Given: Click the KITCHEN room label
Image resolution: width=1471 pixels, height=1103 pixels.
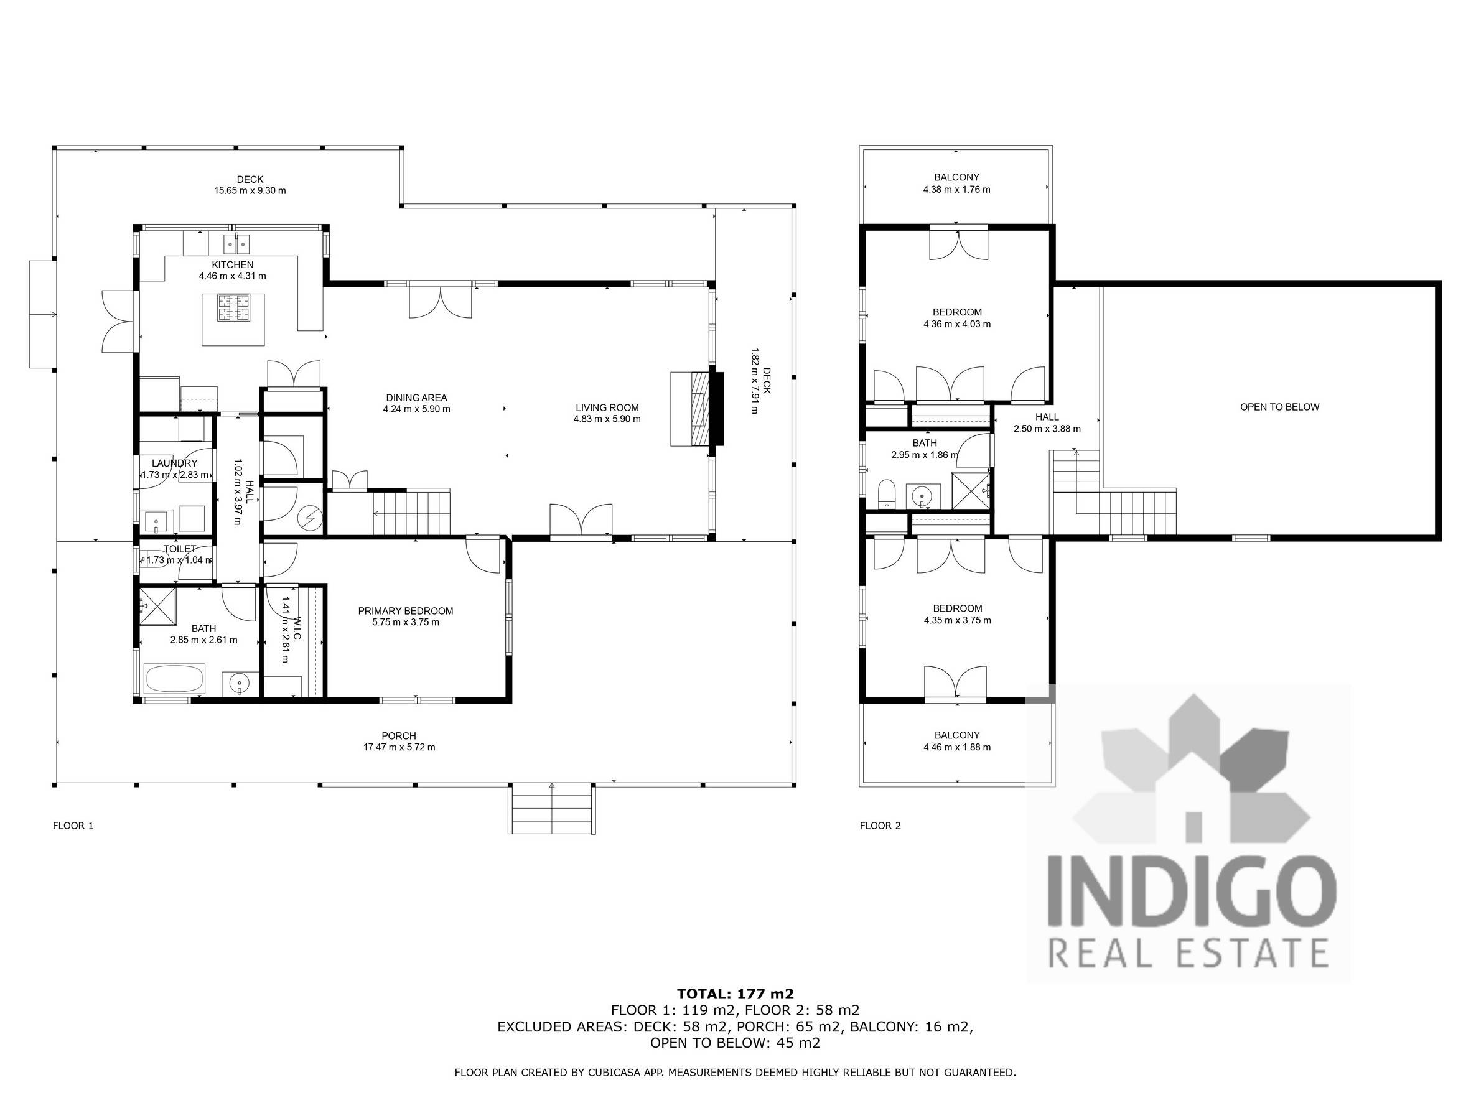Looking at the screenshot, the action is pyautogui.click(x=233, y=264).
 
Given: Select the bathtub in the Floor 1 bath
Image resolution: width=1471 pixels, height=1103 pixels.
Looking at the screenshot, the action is pyautogui.click(x=174, y=679).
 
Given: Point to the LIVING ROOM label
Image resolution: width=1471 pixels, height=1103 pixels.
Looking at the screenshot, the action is pyautogui.click(x=607, y=408).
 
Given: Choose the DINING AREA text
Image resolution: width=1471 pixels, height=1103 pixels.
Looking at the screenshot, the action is pyautogui.click(x=416, y=398).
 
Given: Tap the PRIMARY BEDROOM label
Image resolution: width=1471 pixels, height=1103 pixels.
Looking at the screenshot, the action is pyautogui.click(x=406, y=611).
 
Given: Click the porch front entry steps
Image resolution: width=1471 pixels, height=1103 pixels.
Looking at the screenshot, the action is pyautogui.click(x=552, y=809).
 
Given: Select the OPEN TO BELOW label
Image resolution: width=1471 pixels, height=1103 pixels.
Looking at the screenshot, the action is pyautogui.click(x=1279, y=407).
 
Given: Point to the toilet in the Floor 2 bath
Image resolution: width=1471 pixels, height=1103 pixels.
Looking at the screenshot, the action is pyautogui.click(x=887, y=493).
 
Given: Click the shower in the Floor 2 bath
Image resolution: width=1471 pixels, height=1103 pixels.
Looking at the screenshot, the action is pyautogui.click(x=972, y=490).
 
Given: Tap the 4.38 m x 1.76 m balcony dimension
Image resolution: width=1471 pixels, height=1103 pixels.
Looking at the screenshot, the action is pyautogui.click(x=956, y=190).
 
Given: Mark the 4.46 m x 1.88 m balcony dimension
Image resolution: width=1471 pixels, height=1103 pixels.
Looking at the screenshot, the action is pyautogui.click(x=957, y=747).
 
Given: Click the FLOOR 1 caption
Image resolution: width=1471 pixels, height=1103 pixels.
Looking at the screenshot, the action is pyautogui.click(x=73, y=826).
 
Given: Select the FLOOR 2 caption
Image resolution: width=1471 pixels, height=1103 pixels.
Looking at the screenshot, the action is pyautogui.click(x=880, y=826).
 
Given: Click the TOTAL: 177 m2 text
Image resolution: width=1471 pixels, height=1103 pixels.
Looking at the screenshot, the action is pyautogui.click(x=735, y=994).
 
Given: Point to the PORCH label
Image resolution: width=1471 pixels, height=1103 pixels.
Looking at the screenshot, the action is pyautogui.click(x=399, y=736).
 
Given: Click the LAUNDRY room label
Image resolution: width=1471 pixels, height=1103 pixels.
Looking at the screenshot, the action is pyautogui.click(x=174, y=463).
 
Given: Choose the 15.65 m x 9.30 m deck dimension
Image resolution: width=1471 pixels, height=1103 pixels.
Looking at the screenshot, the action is pyautogui.click(x=250, y=191).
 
